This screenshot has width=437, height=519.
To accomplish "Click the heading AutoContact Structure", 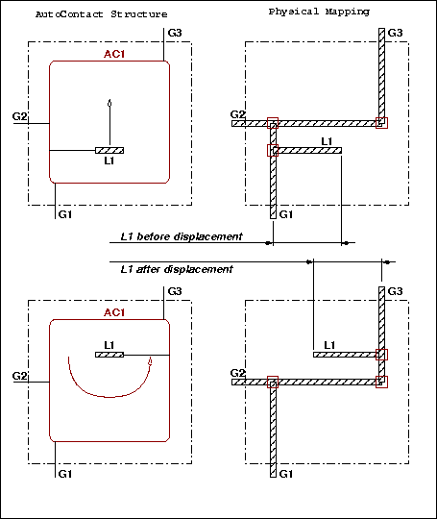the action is (102, 14).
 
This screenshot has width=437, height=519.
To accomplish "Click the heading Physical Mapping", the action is (319, 12).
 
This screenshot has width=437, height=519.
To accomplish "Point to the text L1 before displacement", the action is (182, 236).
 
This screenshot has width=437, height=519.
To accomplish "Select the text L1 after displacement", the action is (177, 269).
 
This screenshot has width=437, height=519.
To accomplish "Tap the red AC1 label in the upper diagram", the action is (114, 54).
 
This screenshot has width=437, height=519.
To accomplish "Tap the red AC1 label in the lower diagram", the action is (114, 312).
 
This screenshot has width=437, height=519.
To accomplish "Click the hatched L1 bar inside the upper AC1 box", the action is (109, 151).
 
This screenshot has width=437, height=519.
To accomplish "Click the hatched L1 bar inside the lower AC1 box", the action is (109, 355).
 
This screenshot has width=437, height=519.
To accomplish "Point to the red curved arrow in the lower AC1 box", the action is (109, 397).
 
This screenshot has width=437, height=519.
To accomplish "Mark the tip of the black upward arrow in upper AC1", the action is (109, 100).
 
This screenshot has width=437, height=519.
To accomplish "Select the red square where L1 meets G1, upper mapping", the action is (273, 150).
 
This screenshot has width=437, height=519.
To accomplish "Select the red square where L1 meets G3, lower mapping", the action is (381, 355).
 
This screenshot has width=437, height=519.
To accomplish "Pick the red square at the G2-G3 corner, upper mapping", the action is (381, 123).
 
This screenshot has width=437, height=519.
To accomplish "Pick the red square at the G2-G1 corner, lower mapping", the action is (273, 382).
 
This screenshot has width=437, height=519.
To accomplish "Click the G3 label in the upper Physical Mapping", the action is (395, 33).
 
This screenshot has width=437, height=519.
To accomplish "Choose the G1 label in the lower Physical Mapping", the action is (286, 474).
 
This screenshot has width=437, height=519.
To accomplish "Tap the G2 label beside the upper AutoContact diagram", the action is (19, 116).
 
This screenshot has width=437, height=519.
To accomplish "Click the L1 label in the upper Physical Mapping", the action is (327, 141).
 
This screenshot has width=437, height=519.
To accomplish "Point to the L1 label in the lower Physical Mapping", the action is (329, 346).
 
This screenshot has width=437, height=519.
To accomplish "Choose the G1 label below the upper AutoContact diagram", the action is (65, 215).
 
